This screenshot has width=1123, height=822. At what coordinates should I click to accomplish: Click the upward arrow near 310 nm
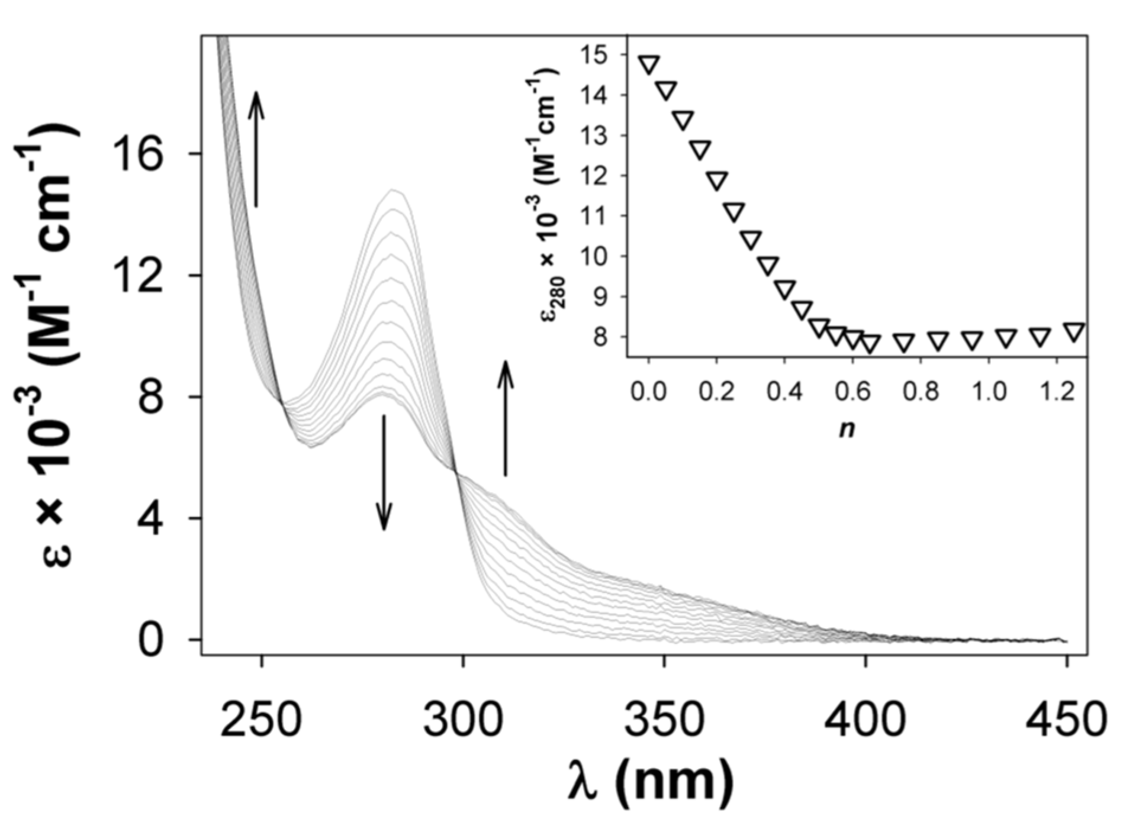505,418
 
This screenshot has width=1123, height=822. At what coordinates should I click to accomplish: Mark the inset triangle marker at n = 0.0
649,64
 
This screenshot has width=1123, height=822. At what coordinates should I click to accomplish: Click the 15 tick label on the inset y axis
606,54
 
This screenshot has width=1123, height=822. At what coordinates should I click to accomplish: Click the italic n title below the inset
847,428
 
